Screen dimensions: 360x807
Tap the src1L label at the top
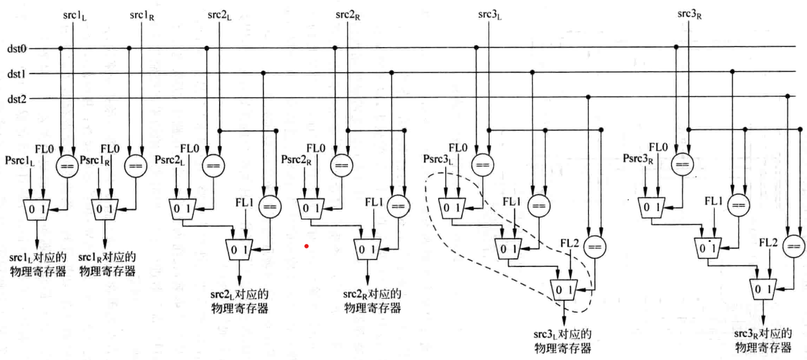point(75,14)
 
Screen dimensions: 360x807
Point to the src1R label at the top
point(142,14)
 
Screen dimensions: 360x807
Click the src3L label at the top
point(489,14)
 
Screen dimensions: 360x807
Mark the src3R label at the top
point(689,14)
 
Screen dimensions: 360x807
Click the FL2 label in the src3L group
point(570,242)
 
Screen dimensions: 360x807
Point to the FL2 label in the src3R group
point(768,242)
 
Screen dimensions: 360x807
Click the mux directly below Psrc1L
point(37,209)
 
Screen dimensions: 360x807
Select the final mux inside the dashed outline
point(564,289)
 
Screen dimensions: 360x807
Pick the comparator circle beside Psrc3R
point(681,164)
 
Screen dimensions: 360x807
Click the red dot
point(306,246)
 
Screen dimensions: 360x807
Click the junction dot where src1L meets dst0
point(61,48)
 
